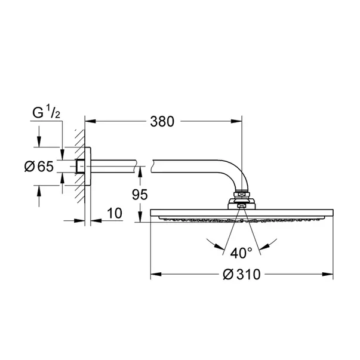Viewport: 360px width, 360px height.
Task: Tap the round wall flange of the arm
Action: [87, 167]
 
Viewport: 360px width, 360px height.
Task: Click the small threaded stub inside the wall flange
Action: [80, 167]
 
